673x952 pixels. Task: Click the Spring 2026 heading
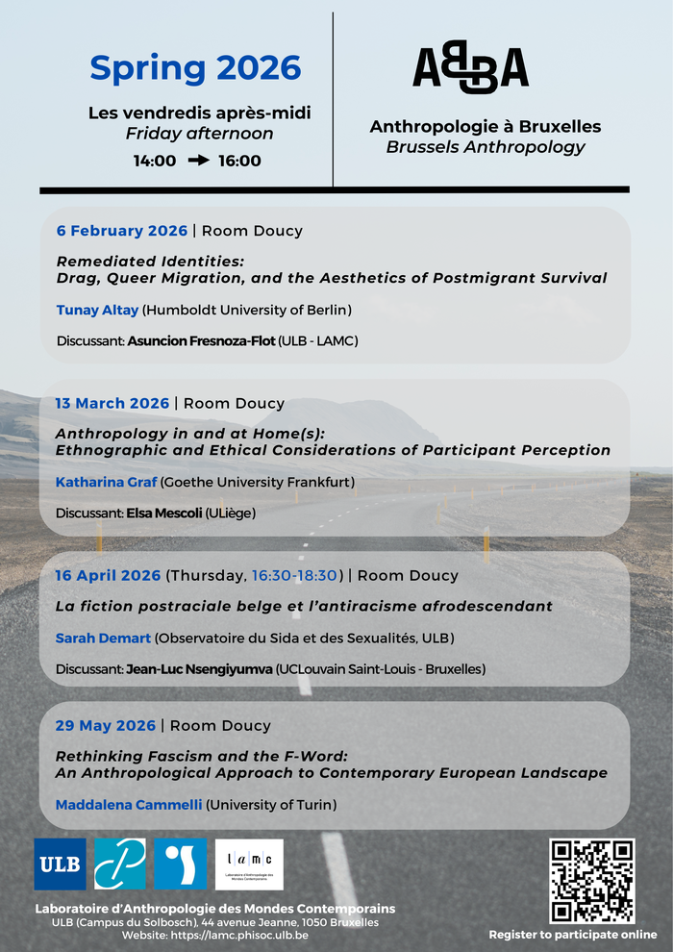tap(195, 67)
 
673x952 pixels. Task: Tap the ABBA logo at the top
tap(470, 69)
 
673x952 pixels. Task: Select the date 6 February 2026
tap(121, 231)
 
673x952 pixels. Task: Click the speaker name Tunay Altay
tap(97, 310)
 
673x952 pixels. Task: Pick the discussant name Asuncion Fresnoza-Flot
tap(201, 340)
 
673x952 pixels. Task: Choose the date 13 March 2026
tap(112, 403)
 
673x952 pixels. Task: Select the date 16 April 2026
tap(108, 575)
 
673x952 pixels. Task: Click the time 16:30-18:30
tap(294, 575)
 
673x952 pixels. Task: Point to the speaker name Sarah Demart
tap(103, 638)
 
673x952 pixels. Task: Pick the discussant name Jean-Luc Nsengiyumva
tap(199, 668)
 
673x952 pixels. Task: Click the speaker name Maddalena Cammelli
tap(129, 804)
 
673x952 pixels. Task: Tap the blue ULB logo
tap(60, 864)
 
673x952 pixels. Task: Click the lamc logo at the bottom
tap(249, 864)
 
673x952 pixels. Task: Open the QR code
tap(591, 881)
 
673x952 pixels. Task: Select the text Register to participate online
tap(573, 934)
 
